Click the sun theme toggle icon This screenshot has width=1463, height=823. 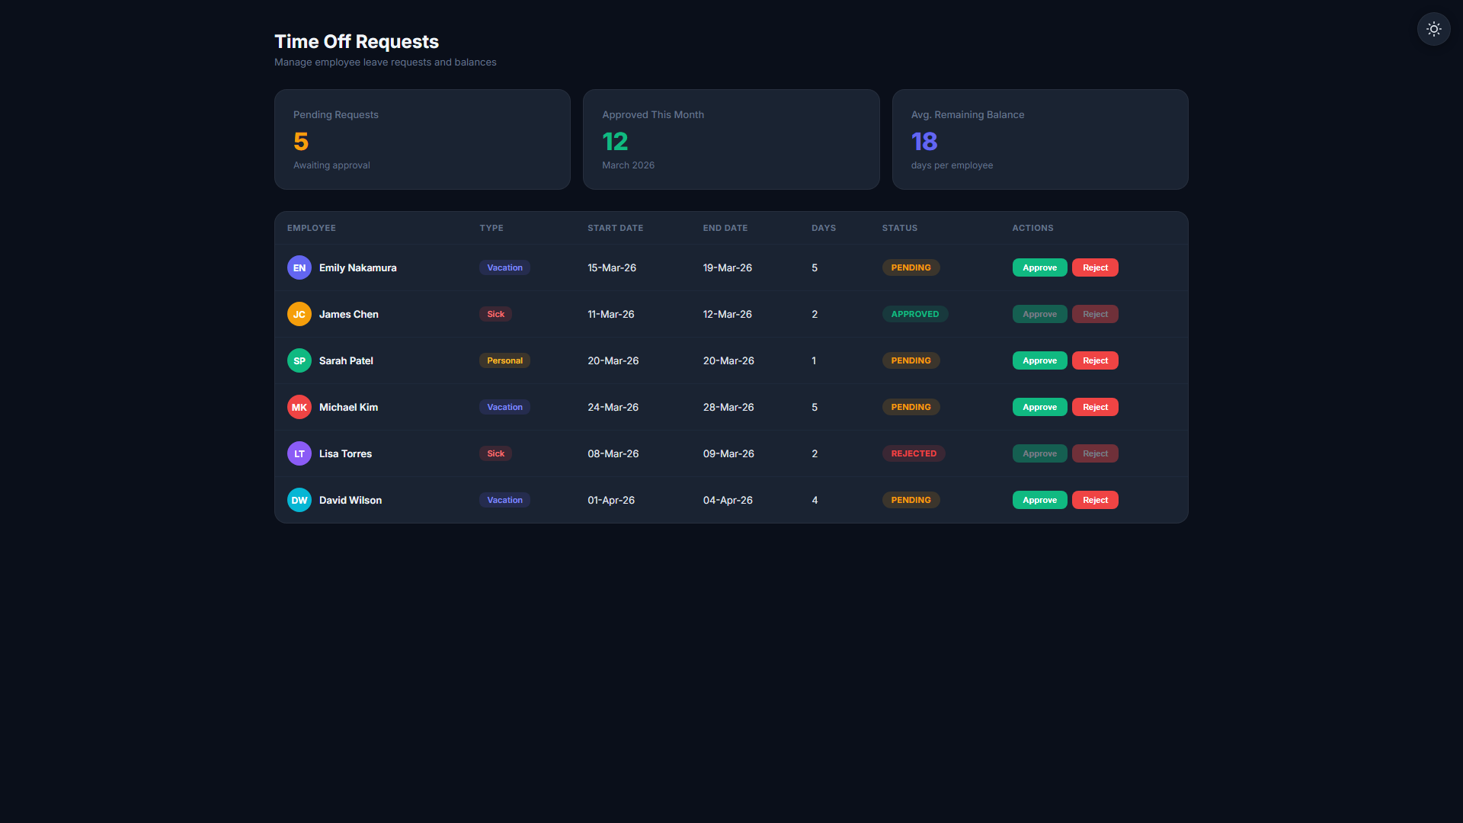click(x=1433, y=29)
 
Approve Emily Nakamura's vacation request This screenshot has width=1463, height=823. click(x=1039, y=267)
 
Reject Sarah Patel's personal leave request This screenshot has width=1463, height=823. click(x=1095, y=360)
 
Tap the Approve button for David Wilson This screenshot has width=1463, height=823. click(x=1039, y=500)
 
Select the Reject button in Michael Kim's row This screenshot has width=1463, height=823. click(x=1095, y=407)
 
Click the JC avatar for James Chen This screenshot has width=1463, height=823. click(x=299, y=314)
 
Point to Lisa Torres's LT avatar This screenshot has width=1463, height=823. click(x=299, y=453)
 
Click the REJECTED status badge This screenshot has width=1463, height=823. click(x=914, y=453)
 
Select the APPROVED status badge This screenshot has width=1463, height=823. click(x=915, y=314)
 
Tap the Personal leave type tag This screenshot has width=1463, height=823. click(x=504, y=360)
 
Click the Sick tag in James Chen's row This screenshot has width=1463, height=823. click(x=495, y=314)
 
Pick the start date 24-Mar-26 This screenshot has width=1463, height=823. click(x=613, y=407)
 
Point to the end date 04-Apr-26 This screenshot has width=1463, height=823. click(x=728, y=500)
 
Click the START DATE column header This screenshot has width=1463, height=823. click(x=615, y=228)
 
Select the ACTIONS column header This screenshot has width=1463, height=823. click(x=1032, y=228)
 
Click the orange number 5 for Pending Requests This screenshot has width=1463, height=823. click(x=301, y=142)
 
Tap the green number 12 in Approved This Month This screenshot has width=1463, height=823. click(x=615, y=142)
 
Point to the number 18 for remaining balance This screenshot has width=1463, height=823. click(x=924, y=142)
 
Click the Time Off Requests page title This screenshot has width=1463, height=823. click(x=357, y=41)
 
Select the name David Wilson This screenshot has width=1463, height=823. click(x=351, y=500)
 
